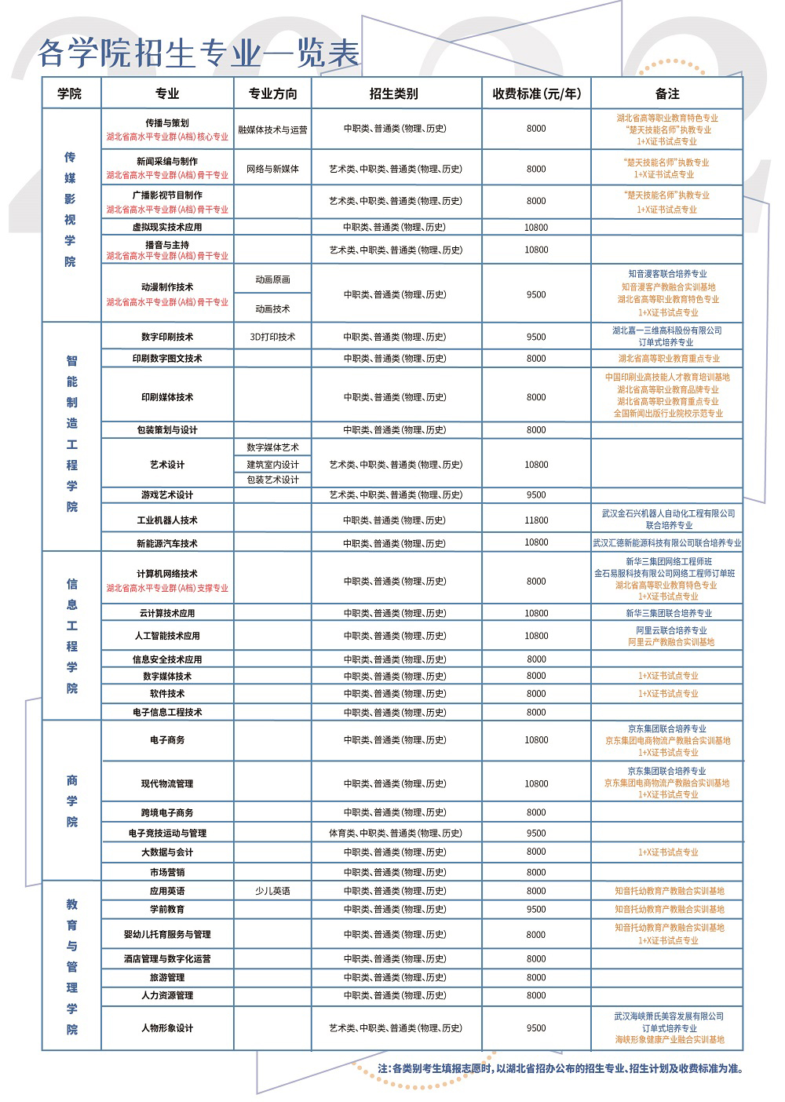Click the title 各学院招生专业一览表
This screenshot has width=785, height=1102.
[x=199, y=53]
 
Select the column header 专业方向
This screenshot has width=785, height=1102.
[x=272, y=93]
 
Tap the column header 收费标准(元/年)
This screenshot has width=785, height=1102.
[x=536, y=93]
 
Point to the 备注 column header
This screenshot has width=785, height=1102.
[x=666, y=93]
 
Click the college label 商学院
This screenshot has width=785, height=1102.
[x=72, y=801]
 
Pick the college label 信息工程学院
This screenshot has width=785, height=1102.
[x=72, y=636]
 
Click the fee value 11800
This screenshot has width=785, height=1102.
[x=536, y=520]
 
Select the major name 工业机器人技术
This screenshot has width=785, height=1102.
[x=167, y=520]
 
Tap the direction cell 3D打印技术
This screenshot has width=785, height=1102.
[x=272, y=337]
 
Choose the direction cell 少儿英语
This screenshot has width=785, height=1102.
[x=272, y=891]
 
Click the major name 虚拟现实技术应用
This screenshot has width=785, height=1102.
[x=167, y=227]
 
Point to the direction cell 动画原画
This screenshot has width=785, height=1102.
[x=272, y=279]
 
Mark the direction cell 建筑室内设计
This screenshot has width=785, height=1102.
[x=272, y=465]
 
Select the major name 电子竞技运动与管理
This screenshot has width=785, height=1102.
[x=167, y=833]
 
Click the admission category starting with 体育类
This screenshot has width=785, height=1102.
[x=396, y=833]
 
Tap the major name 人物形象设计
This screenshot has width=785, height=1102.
[x=167, y=1028]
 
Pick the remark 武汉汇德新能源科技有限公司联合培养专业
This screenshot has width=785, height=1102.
[x=666, y=542]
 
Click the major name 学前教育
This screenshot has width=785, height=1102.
[x=167, y=909]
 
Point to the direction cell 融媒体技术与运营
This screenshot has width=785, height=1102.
[x=272, y=130]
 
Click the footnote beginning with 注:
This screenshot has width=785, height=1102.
[x=560, y=1068]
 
